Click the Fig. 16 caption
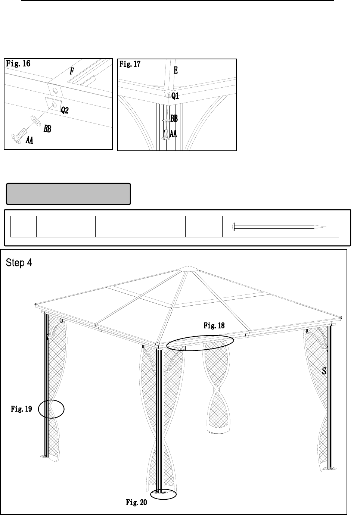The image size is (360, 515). coord(18,64)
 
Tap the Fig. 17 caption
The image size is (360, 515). coord(130,64)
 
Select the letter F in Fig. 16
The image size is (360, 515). coord(72,72)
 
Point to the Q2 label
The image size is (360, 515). coord(65,110)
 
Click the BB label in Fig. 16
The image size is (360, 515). coord(47,129)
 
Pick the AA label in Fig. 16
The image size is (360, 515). coord(29,140)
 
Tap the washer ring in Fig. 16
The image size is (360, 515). coord(35,120)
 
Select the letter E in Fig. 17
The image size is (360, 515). coord(176,70)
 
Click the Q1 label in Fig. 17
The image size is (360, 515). coord(175,96)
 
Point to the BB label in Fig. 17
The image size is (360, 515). coord(174,119)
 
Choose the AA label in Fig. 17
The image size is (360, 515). coord(173,134)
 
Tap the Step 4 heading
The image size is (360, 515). coord(19,263)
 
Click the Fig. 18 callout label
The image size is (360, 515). coord(214,325)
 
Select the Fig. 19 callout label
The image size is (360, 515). coord(21,409)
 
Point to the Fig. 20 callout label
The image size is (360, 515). coord(136,503)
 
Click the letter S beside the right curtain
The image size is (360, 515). coord(324,371)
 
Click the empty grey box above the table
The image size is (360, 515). coord(68,194)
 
